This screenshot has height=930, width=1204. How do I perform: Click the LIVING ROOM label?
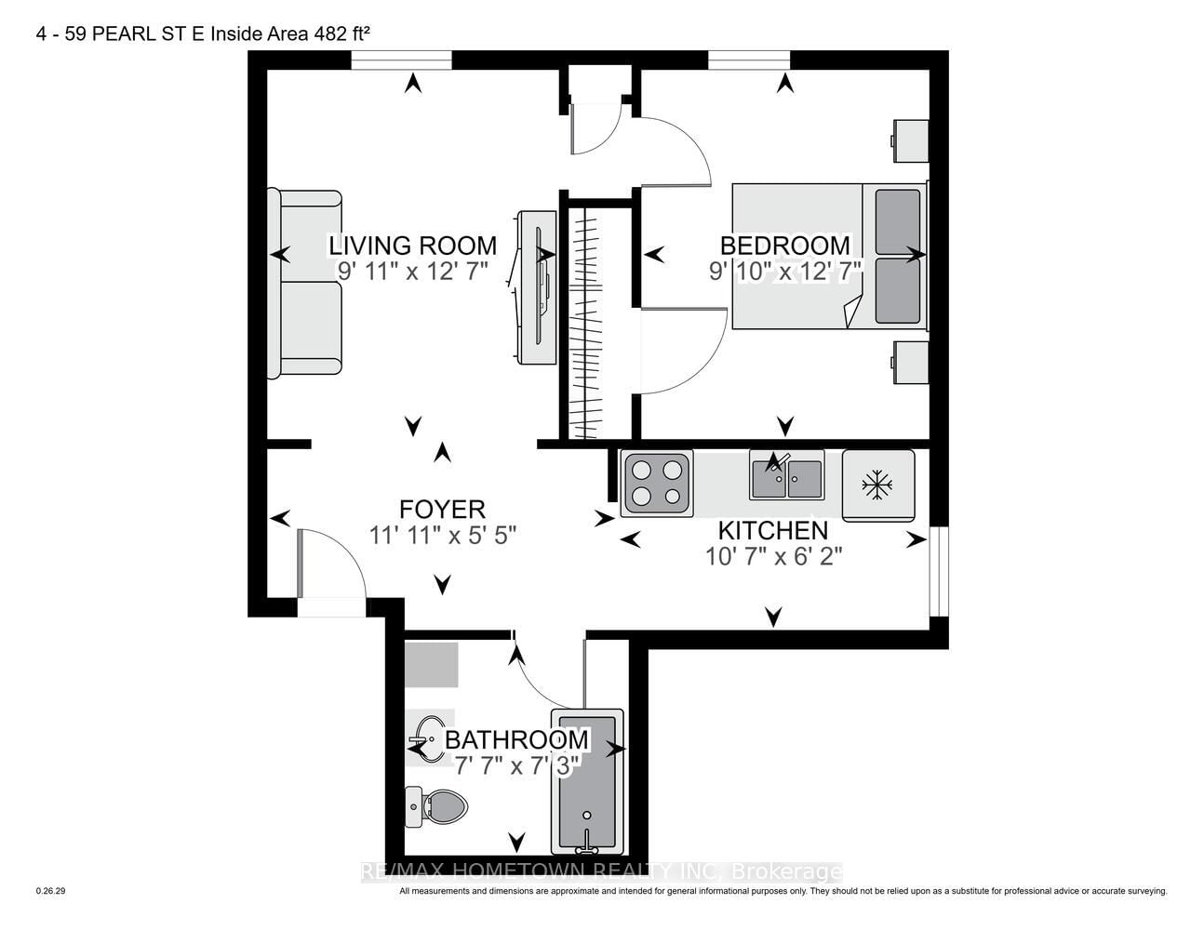412,246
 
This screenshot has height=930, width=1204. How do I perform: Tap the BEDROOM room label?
784,246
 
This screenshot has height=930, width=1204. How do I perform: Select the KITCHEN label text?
772,531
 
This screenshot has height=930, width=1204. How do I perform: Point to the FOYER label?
442,510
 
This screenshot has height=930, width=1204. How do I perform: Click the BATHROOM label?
516,740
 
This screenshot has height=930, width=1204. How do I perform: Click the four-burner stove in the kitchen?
658,483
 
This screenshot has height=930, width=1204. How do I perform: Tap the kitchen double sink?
786,476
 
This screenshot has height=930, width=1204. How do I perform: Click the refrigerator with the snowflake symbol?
878,485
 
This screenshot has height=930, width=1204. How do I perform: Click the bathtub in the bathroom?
587,781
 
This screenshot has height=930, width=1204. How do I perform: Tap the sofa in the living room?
304,284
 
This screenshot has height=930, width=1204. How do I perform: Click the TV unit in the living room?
537,286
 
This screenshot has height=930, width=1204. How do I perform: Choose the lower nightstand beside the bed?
910,362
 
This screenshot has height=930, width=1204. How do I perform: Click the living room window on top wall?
401,60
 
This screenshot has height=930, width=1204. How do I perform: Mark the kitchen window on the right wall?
939,571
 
